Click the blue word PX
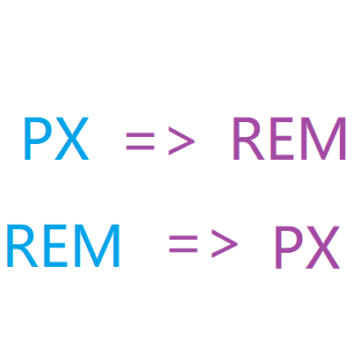coord(56,139)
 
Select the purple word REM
coord(290,139)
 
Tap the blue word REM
coord(63,246)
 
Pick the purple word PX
coord(307,248)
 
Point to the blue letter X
coord(72,139)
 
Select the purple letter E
coord(282,139)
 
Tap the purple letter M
coord(324,139)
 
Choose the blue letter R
coord(23,246)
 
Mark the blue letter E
coord(55,246)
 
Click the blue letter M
coord(97,246)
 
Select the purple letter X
coord(323,248)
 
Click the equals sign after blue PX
coord(140,141)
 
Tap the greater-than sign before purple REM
coord(182,140)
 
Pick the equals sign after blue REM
coord(184,244)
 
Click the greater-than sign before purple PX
coord(225,244)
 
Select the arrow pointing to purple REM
coord(161,140)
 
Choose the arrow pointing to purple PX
coord(204,244)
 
